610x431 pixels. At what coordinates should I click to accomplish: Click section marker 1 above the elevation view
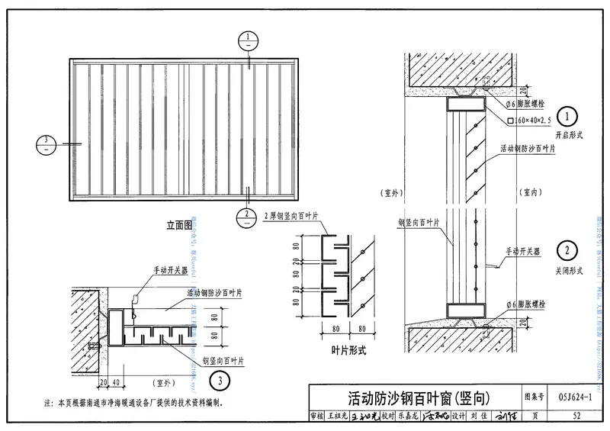point(249,40)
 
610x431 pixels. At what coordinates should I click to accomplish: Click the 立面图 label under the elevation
point(181,226)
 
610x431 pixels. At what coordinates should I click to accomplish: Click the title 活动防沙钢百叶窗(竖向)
point(413,397)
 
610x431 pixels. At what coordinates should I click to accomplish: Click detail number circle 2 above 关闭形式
point(567,250)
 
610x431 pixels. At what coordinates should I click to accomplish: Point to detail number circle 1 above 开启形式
point(567,117)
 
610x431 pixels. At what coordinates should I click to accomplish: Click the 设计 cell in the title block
point(458,417)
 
